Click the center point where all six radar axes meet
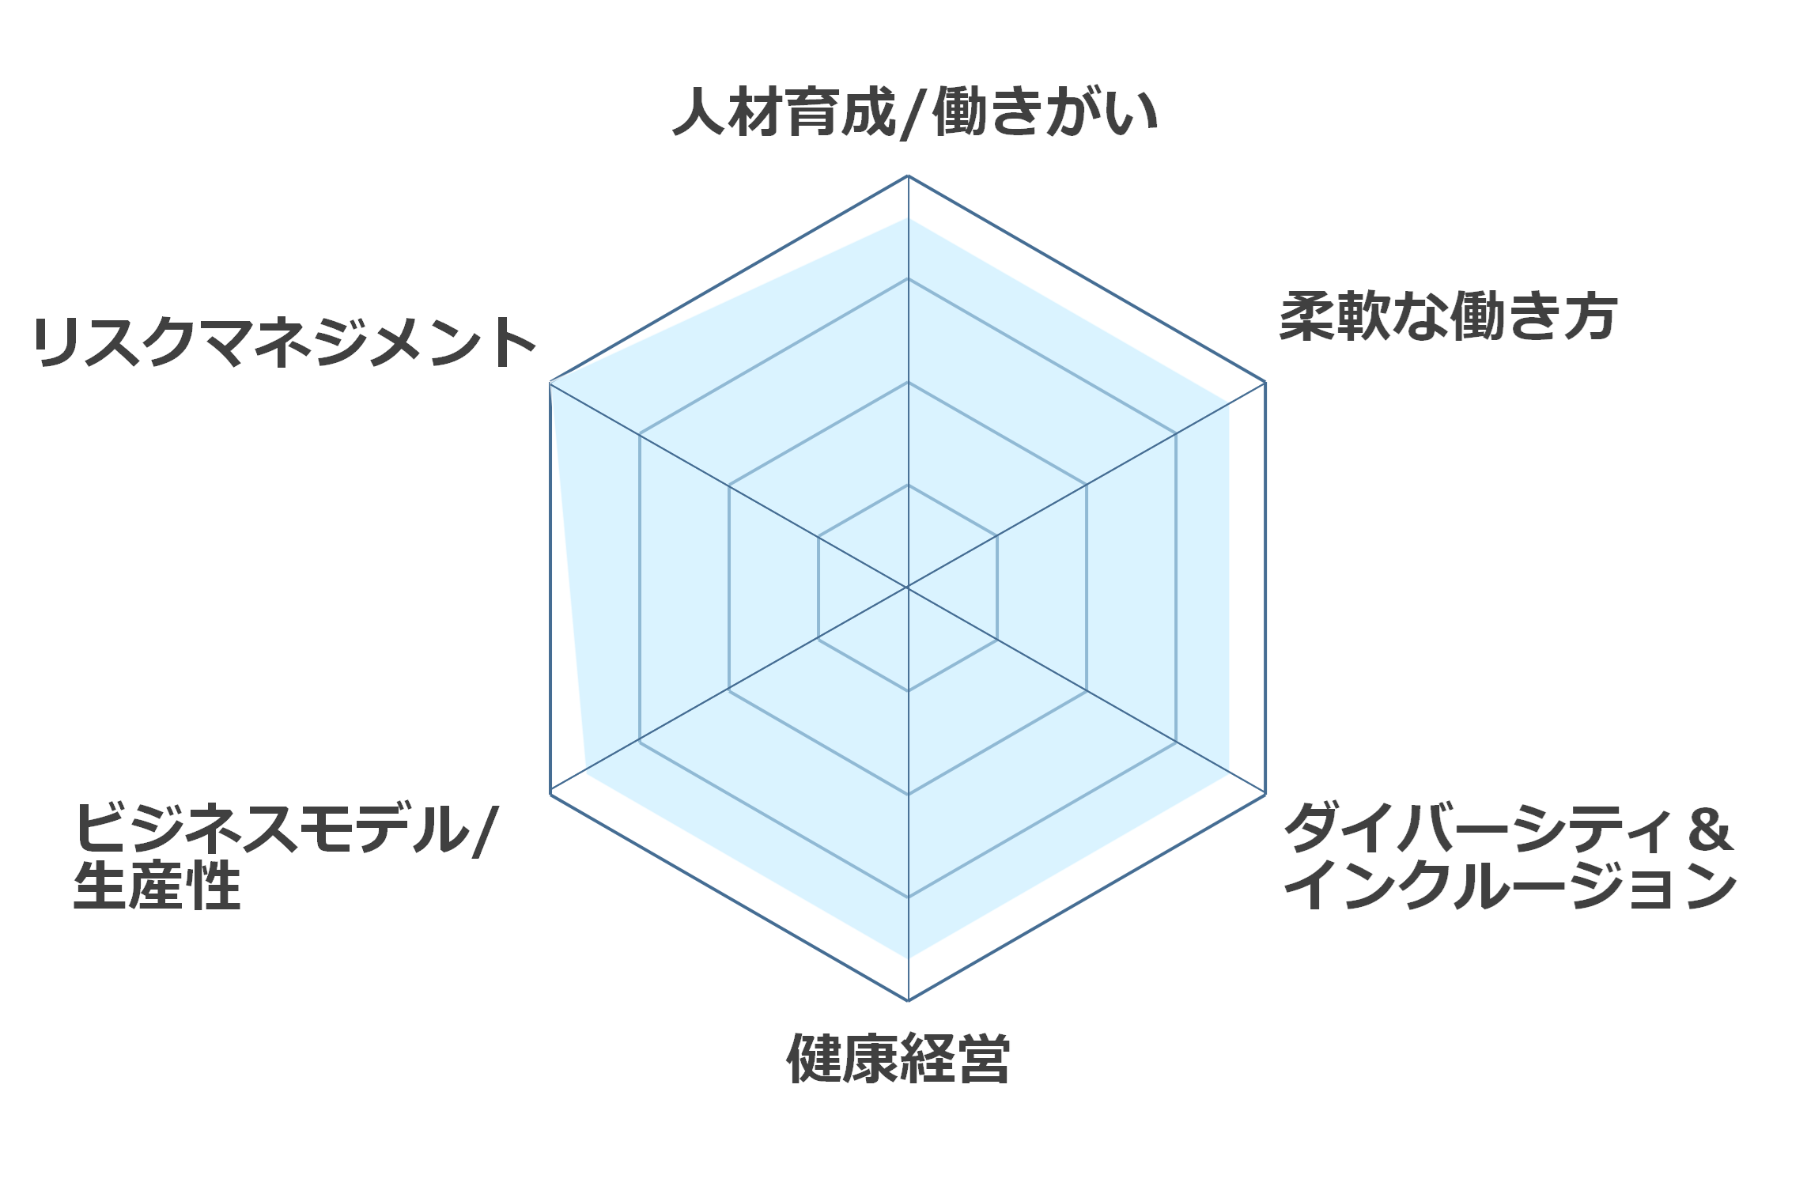click(908, 588)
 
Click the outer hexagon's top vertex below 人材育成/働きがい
click(908, 176)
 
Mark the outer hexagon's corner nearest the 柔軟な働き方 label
click(1265, 382)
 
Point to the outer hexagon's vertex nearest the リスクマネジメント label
click(550, 383)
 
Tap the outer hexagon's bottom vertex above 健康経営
click(908, 1000)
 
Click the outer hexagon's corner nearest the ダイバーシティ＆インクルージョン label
click(1265, 794)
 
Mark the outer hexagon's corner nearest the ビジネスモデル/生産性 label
click(550, 793)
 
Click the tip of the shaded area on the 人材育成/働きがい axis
click(908, 218)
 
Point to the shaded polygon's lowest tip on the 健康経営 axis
click(908, 958)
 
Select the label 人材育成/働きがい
click(915, 113)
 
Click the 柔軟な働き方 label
click(1448, 316)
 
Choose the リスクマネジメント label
click(285, 342)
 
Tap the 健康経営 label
click(898, 1058)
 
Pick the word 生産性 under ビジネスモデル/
click(157, 886)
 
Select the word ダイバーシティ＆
click(1508, 828)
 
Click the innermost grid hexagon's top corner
click(908, 485)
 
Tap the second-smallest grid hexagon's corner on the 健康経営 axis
click(908, 794)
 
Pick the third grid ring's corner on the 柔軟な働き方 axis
click(1176, 433)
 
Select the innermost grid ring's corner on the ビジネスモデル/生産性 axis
click(818, 639)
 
